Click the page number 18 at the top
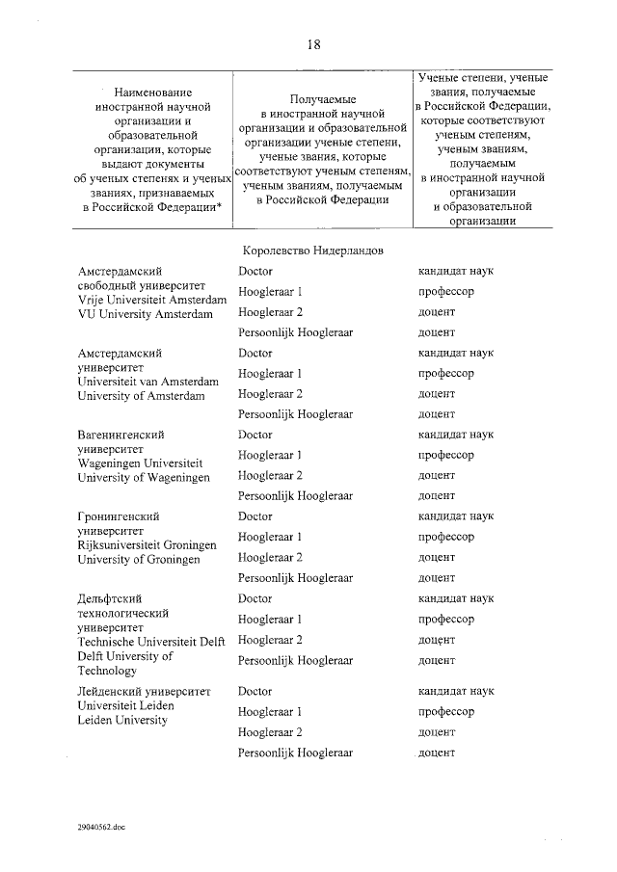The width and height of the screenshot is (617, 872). point(312,43)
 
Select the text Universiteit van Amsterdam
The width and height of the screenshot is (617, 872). point(148,382)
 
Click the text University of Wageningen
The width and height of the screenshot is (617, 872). point(143,477)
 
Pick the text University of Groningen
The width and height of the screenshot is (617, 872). point(139,559)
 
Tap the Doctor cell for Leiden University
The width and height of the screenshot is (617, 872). point(255,691)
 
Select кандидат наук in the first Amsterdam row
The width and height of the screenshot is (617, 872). point(455,271)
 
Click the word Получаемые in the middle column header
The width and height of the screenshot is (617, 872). point(323,99)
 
